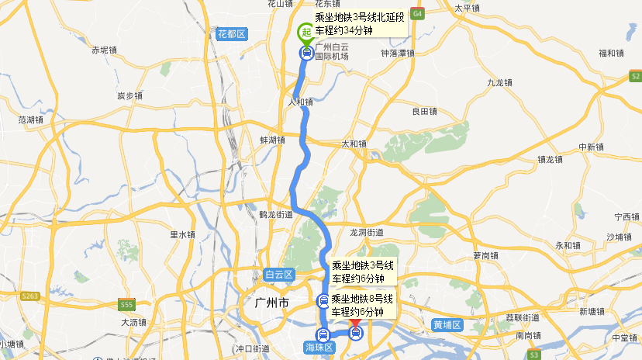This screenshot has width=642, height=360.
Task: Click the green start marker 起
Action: [305, 33]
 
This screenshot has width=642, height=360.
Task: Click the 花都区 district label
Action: [231, 34]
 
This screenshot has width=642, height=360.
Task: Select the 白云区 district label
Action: [278, 275]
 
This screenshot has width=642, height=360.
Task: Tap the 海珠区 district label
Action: [317, 347]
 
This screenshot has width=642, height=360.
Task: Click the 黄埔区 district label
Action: [447, 324]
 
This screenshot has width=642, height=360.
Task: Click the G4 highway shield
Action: [418, 14]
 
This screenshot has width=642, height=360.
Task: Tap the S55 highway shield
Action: [127, 304]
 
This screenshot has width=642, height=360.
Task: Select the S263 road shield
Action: [30, 296]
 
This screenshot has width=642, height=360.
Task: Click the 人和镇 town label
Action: [300, 102]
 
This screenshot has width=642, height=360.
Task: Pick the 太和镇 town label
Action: [354, 144]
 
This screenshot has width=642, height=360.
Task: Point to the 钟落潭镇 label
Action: [398, 54]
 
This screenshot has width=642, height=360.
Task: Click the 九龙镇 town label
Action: [500, 82]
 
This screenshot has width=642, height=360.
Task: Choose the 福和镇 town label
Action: [611, 54]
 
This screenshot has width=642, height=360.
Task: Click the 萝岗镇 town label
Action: [485, 255]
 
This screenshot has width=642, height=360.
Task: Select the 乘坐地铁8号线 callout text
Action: [362, 299]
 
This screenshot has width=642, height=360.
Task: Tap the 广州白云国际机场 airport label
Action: [332, 52]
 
